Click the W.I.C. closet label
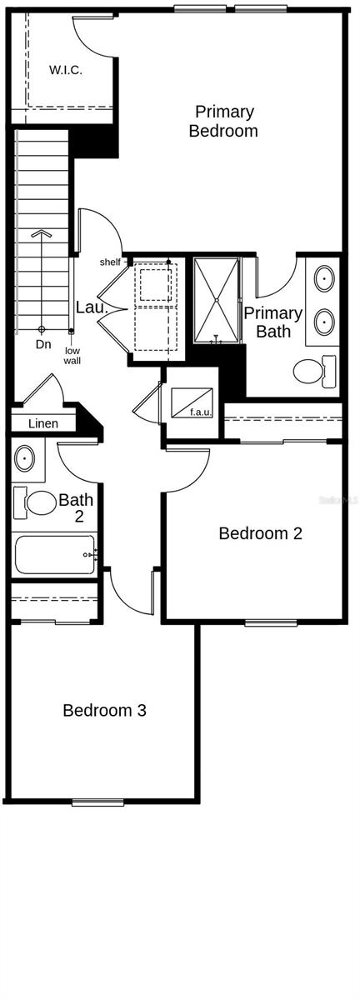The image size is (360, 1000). point(65,70)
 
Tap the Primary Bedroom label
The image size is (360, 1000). point(223,121)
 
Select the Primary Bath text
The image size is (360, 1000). point(272,322)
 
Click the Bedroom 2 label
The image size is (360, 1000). point(260,533)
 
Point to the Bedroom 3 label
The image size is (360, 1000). point(105,711)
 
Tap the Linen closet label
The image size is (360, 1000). point(43,424)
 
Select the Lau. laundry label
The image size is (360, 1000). point(92,307)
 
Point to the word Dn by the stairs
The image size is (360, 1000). point(42,343)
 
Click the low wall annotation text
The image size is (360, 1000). point(72,356)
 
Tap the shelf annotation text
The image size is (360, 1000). point(110,262)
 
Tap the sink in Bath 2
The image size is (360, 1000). point(25,457)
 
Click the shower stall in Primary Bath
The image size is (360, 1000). point(217,300)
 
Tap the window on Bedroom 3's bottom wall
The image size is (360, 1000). point(97,802)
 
